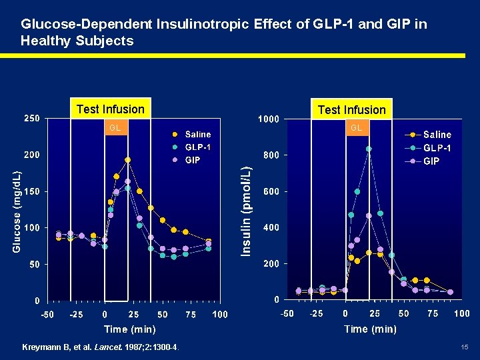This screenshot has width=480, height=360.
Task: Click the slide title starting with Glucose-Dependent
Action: click(x=223, y=32)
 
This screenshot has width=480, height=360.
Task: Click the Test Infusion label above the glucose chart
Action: click(x=110, y=109)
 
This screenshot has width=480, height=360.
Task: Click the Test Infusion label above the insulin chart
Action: click(x=351, y=110)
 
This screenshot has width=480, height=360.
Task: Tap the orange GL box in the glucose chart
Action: click(x=115, y=127)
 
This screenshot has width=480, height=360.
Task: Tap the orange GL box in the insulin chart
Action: click(x=356, y=127)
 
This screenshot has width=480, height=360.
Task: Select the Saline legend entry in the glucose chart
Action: click(x=197, y=134)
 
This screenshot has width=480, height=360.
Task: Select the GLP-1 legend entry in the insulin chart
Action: click(x=437, y=148)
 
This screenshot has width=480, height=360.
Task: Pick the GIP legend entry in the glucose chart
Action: click(x=192, y=160)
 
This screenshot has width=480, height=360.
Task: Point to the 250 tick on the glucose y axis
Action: click(x=32, y=119)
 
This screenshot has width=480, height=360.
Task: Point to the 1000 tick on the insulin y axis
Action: click(x=269, y=119)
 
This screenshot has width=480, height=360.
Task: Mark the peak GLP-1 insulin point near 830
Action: click(x=369, y=149)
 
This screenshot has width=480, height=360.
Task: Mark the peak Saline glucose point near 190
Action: click(x=127, y=160)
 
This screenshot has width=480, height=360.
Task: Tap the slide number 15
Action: click(x=464, y=347)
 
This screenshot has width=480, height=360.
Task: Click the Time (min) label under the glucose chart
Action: click(x=130, y=329)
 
